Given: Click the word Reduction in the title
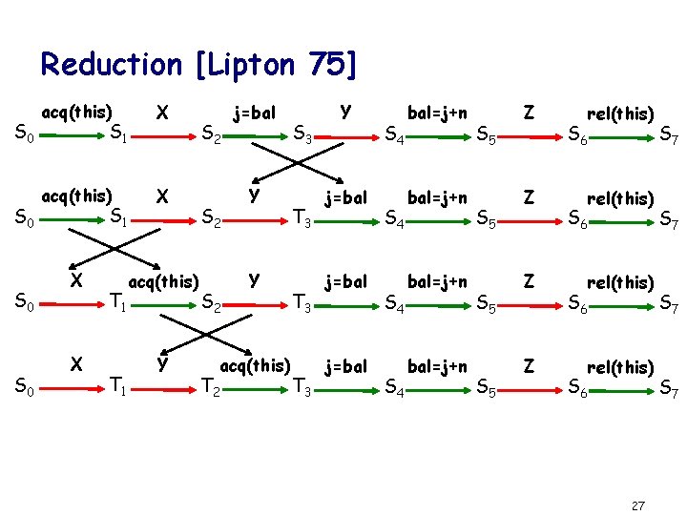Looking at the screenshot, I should point(111,65).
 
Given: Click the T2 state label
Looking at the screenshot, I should point(211,386).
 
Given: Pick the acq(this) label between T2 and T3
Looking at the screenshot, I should point(255,365).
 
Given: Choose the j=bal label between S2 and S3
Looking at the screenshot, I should point(255,113).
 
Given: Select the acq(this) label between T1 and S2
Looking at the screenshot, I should point(163,281).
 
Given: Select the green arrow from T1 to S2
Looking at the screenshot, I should point(164,304).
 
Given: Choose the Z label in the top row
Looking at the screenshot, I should point(527,112).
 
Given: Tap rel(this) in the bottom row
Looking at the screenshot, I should point(620,367).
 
